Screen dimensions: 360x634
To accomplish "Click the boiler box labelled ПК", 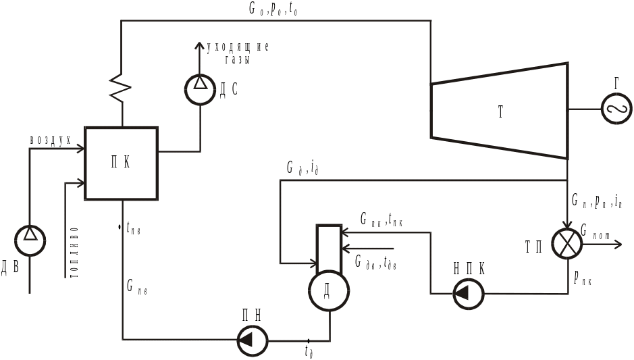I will (122, 163).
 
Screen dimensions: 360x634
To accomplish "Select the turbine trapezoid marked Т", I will (499, 111).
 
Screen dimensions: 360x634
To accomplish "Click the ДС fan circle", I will (199, 90).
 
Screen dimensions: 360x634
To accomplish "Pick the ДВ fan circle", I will (30, 241).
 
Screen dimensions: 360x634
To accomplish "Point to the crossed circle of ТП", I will (566, 243).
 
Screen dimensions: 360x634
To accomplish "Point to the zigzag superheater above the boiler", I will (122, 86).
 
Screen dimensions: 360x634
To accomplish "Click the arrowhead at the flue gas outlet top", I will (199, 45).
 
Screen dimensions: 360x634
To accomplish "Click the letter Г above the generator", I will (616, 83).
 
